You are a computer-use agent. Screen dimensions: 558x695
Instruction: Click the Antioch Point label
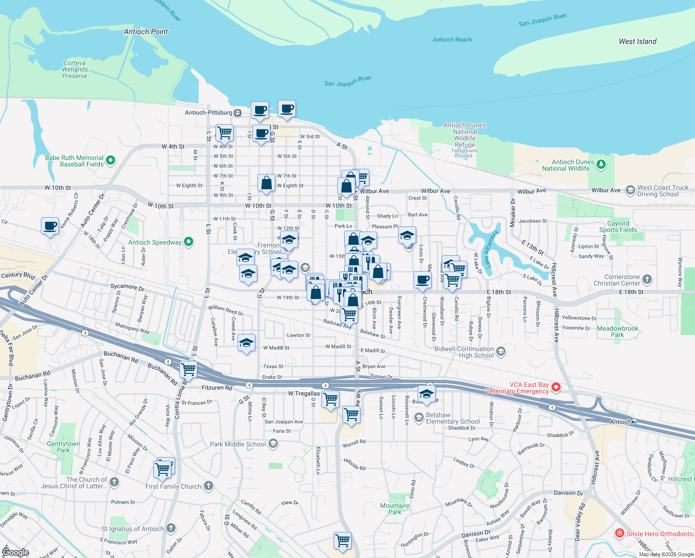coord(146,32)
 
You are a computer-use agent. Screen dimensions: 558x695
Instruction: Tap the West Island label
coord(637,41)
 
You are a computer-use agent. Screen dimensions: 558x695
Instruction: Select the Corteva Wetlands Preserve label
coord(75,69)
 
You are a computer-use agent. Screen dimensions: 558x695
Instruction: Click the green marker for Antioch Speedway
coord(189,242)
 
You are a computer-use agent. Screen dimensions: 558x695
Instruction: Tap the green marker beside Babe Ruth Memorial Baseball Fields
coord(111,161)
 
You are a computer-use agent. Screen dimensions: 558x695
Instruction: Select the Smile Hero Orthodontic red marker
coord(619,533)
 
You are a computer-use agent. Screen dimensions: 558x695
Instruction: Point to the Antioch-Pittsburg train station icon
coord(237,113)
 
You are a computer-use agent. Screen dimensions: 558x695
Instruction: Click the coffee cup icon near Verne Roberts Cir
coord(50,226)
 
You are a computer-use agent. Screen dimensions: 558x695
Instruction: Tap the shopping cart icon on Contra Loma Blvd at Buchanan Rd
coord(188,370)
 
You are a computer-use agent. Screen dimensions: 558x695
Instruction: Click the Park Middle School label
coord(238,444)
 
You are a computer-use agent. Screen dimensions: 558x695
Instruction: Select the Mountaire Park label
coord(395,509)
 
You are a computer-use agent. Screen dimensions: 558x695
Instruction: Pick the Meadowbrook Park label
coord(617,332)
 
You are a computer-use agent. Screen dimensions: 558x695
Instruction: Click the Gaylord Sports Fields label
coord(618,226)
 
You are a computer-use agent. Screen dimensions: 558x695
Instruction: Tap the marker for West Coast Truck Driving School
coord(630,190)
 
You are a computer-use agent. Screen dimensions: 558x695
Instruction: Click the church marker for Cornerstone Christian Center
coord(647,279)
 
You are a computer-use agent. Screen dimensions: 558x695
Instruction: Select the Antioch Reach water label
coord(452,40)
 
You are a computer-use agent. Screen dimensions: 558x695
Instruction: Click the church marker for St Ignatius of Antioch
coord(171,528)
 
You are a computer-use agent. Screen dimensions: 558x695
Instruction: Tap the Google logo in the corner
coord(15,552)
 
